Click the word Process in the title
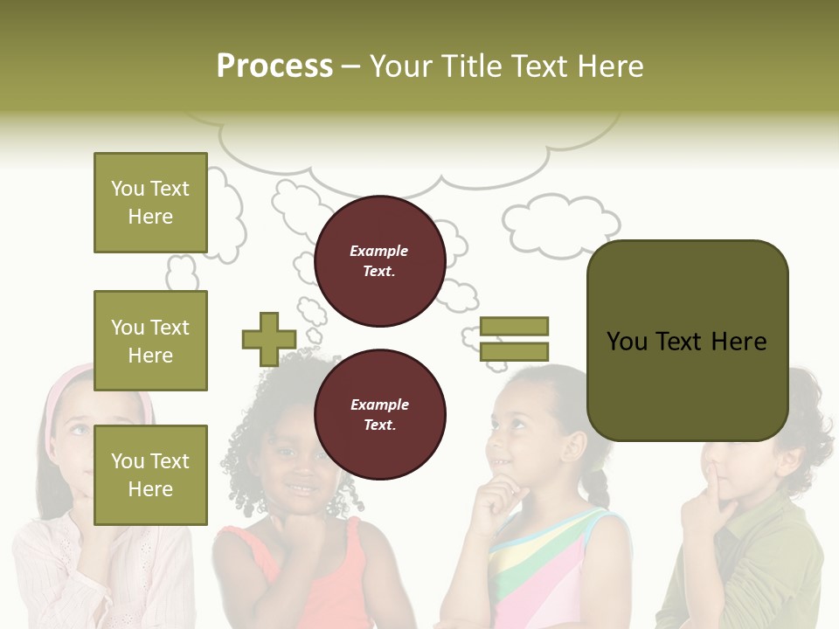[274, 66]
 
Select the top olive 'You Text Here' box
[150, 203]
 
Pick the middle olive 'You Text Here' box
[150, 341]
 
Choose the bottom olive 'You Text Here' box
[150, 474]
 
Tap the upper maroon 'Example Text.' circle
[379, 260]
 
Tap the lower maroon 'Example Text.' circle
[379, 414]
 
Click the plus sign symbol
[268, 339]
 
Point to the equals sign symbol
[514, 339]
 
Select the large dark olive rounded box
[687, 341]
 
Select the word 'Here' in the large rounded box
[738, 341]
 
